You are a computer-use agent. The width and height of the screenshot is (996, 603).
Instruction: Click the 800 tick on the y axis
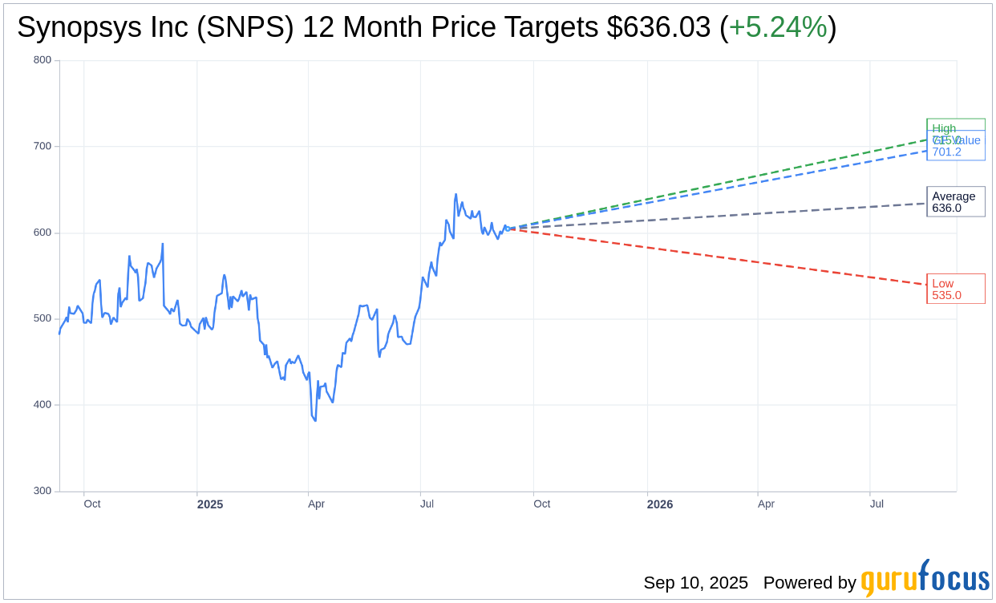43,60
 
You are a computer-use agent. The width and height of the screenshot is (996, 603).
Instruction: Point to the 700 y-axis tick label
43,146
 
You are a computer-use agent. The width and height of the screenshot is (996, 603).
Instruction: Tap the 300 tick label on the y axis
43,491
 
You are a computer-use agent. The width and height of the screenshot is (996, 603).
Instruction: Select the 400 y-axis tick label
43,405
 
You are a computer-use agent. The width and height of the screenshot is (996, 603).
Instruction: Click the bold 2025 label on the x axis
210,504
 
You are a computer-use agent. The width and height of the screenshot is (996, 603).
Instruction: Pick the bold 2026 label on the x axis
660,504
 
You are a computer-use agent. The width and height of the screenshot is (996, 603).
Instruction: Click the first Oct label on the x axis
92,504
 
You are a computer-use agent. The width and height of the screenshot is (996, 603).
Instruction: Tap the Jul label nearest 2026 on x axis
877,504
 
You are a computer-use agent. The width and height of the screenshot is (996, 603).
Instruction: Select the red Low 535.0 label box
955,289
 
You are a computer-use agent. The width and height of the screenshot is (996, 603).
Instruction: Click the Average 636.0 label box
955,202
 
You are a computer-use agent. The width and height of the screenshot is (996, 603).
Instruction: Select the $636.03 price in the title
658,28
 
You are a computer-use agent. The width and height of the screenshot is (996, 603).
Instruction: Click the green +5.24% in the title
777,28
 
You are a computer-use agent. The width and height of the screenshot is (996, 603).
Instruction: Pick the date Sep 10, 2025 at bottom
695,583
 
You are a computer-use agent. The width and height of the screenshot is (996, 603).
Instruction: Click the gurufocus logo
925,579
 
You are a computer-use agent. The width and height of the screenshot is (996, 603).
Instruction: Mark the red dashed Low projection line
722,257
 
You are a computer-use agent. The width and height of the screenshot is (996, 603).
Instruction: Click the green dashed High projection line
722,185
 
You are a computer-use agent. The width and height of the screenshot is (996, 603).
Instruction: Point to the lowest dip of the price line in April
315,420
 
